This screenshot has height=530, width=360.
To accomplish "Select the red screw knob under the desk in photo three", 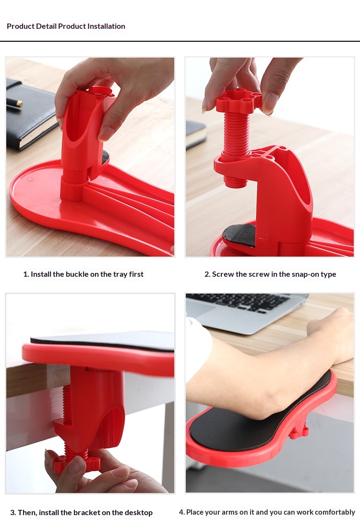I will tap(77, 463).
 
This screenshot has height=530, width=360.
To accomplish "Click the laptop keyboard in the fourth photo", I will tap(240, 302).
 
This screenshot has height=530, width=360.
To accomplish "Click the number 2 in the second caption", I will tap(207, 274).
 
